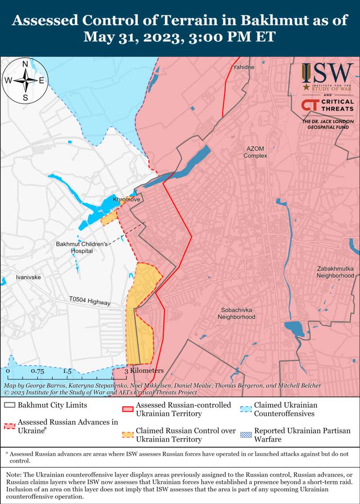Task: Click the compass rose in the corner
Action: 26,80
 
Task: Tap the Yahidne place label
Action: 243,67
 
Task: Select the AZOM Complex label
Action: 255,152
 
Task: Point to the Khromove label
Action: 127,199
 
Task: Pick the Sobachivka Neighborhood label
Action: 236,313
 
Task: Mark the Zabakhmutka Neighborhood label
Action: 335,272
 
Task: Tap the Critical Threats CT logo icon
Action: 310,105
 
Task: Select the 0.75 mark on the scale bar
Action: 38,371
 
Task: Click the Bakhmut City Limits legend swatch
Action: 9,405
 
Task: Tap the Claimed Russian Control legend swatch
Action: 128,435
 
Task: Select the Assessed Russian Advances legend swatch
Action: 9,426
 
